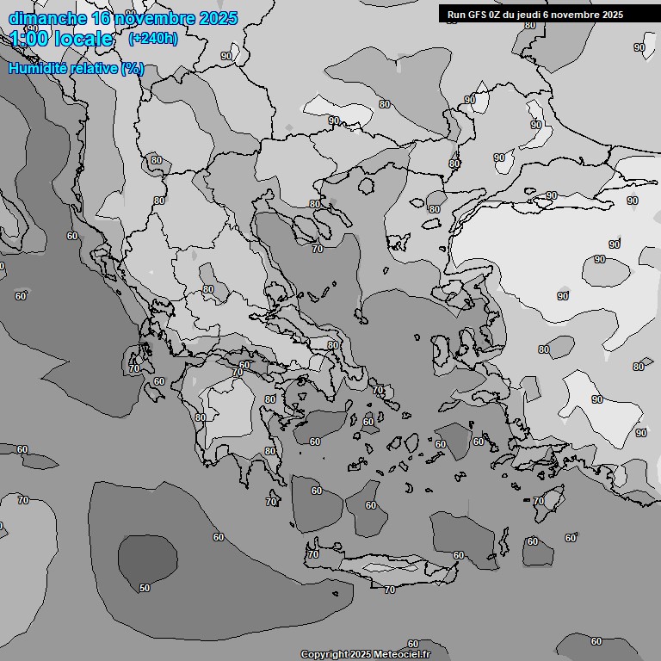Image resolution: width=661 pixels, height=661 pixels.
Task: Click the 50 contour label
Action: pos(145,588)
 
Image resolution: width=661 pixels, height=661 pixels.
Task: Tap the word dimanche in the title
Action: pos(47,18)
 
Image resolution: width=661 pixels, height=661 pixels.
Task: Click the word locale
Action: pos(86,39)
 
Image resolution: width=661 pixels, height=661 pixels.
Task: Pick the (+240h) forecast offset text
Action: pos(153,39)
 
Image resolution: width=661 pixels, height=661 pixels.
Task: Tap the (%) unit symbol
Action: pos(133,68)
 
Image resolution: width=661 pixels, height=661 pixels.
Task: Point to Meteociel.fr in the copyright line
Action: pos(402,654)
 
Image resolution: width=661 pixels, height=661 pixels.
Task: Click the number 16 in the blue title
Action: pos(102,18)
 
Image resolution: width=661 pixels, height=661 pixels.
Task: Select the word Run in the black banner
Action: pos(456,15)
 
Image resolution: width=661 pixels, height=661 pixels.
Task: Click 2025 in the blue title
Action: pos(218,18)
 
